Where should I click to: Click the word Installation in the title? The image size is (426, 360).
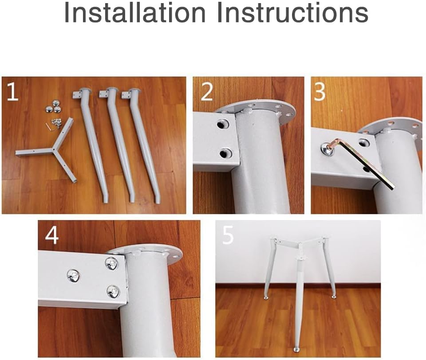pyautogui.click(x=135, y=13)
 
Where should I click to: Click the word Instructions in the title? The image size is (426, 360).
pyautogui.click(x=292, y=13)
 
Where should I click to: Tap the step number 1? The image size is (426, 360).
pyautogui.click(x=12, y=92)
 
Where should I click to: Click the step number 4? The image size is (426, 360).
pyautogui.click(x=51, y=235)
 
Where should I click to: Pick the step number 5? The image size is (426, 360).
pyautogui.click(x=228, y=235)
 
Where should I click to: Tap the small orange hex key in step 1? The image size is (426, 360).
pyautogui.click(x=48, y=126)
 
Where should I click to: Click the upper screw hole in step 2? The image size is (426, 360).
pyautogui.click(x=223, y=124)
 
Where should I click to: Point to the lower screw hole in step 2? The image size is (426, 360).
pyautogui.click(x=225, y=153)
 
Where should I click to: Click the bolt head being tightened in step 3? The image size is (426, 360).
pyautogui.click(x=327, y=149)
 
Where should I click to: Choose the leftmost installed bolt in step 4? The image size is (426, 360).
pyautogui.click(x=73, y=276)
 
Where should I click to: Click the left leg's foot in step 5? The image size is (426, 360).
pyautogui.click(x=267, y=297)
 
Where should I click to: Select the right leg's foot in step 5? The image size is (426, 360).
pyautogui.click(x=333, y=297)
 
